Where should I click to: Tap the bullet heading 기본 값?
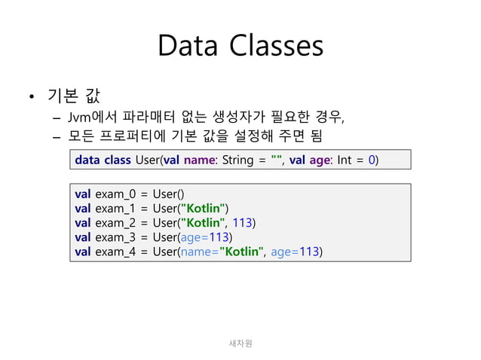(74, 96)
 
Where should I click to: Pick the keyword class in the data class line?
(117, 160)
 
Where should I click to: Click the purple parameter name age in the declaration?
(319, 160)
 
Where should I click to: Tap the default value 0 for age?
(372, 160)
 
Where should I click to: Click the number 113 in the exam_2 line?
(241, 222)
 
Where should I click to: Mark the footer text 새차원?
(240, 343)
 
